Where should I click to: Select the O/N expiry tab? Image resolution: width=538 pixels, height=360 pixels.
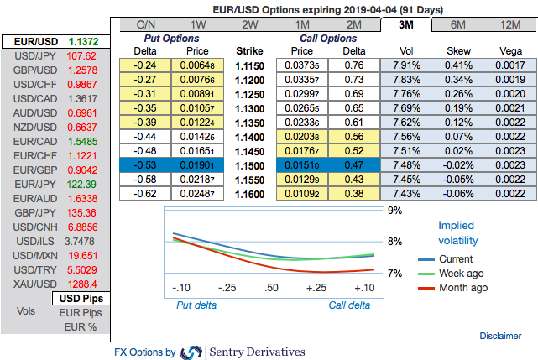point(146,24)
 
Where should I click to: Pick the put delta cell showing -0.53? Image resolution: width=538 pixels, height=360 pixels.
point(147,165)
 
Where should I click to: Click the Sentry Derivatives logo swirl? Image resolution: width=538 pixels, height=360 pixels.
point(191,352)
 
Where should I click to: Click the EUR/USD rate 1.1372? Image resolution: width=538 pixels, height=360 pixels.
point(81,41)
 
